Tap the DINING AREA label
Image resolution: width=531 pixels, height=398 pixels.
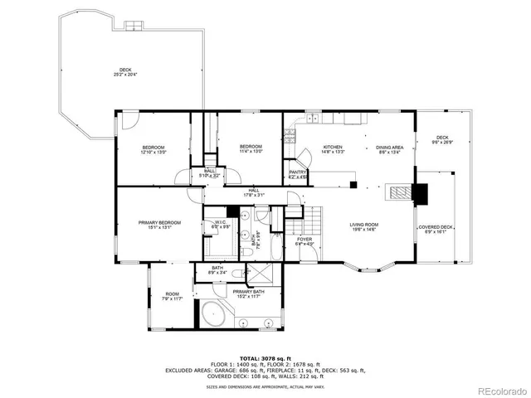pos(389,147)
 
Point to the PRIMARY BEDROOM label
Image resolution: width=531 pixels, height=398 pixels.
pos(159,222)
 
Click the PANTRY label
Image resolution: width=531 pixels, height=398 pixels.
pos(298,172)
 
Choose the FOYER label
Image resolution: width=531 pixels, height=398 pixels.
pos(304,239)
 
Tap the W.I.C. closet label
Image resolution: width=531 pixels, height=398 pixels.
pos(221,222)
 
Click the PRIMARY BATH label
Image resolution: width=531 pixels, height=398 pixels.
pos(248,291)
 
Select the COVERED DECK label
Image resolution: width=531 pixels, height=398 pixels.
pos(436,227)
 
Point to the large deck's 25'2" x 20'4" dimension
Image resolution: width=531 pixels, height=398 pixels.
pos(125,75)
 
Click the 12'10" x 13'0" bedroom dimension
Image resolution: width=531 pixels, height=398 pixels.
pos(153,152)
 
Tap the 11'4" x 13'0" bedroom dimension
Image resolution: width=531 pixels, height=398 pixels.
pos(251,152)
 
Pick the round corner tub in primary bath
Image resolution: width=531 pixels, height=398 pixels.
pos(214,316)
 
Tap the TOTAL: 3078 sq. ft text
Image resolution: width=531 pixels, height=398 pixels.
pos(265,356)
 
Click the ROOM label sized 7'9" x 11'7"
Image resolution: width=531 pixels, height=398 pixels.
pos(173,297)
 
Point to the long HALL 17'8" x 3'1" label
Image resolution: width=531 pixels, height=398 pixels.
pos(253,193)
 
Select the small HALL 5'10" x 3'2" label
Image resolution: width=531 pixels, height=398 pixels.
pos(210,174)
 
